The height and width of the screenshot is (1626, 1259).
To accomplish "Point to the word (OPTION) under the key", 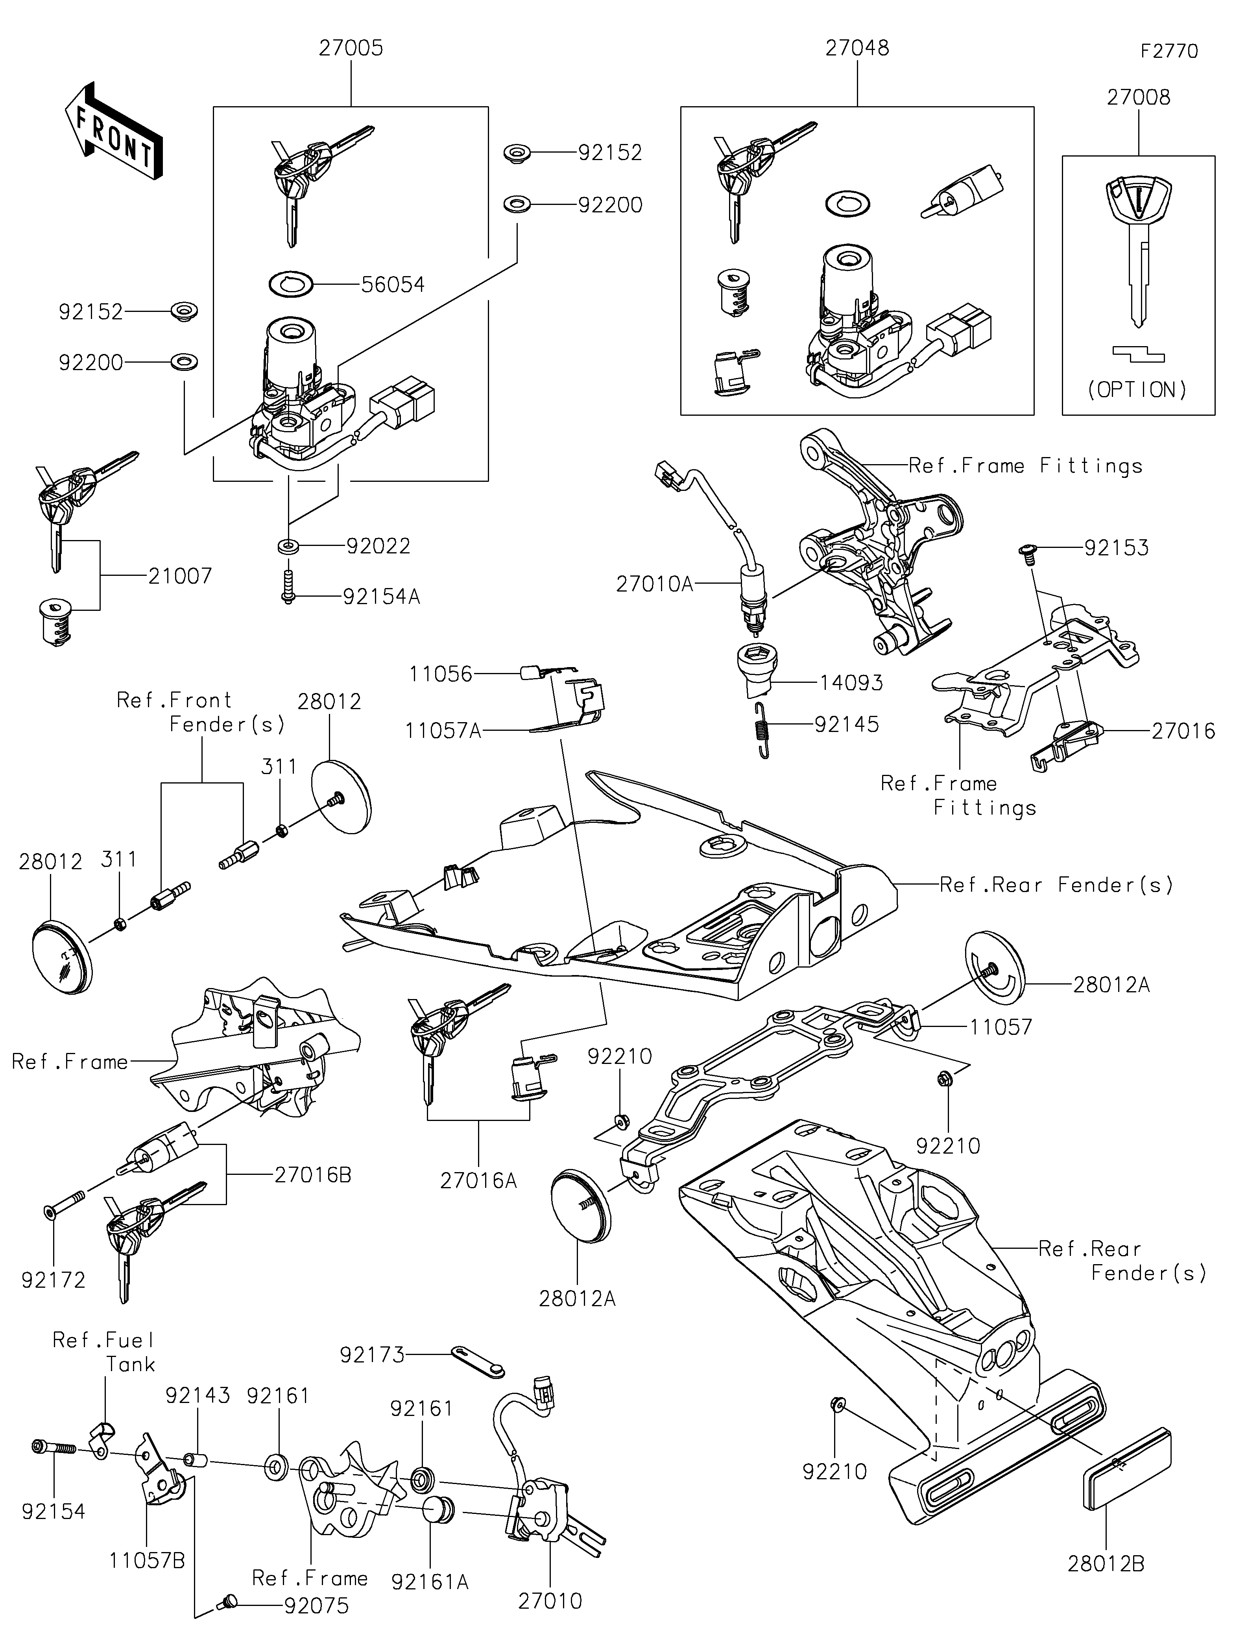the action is [1138, 389].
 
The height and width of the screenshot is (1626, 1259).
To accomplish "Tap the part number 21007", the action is [180, 575].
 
